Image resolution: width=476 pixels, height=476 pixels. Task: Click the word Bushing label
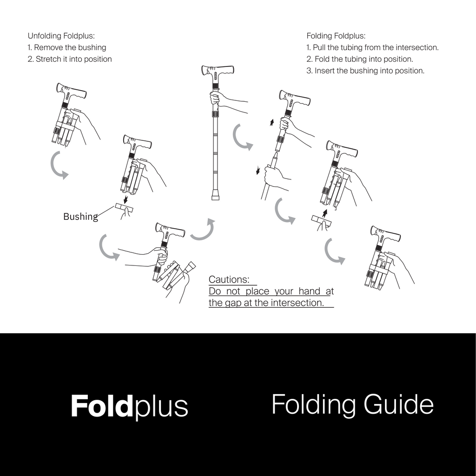[80, 217]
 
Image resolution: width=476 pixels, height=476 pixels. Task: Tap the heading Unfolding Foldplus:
[61, 36]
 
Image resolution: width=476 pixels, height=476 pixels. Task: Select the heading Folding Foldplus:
[336, 36]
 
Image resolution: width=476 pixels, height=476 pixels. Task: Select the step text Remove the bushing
[70, 47]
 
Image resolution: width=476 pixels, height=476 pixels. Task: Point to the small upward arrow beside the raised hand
[272, 123]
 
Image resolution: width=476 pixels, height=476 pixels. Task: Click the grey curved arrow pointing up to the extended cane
[203, 231]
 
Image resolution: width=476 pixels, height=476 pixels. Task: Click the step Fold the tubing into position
[364, 59]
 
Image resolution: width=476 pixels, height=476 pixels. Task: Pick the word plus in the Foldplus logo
[161, 407]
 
